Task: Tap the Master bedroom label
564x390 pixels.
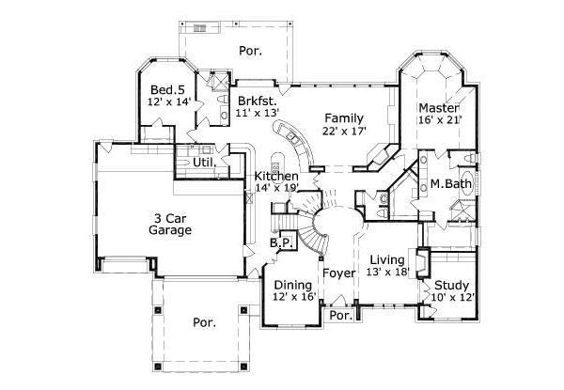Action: pyautogui.click(x=437, y=107)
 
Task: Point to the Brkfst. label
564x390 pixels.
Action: pyautogui.click(x=256, y=100)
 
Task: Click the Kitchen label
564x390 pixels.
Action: pyautogui.click(x=276, y=176)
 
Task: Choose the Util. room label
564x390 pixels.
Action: pyautogui.click(x=205, y=163)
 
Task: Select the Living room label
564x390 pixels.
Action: pyautogui.click(x=386, y=259)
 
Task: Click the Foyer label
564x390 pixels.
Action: pyautogui.click(x=338, y=274)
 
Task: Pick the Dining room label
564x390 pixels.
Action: pyautogui.click(x=291, y=285)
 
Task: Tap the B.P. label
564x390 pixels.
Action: pyautogui.click(x=282, y=243)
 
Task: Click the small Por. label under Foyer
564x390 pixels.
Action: pyautogui.click(x=339, y=316)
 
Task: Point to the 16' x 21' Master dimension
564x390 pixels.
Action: pyautogui.click(x=437, y=120)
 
